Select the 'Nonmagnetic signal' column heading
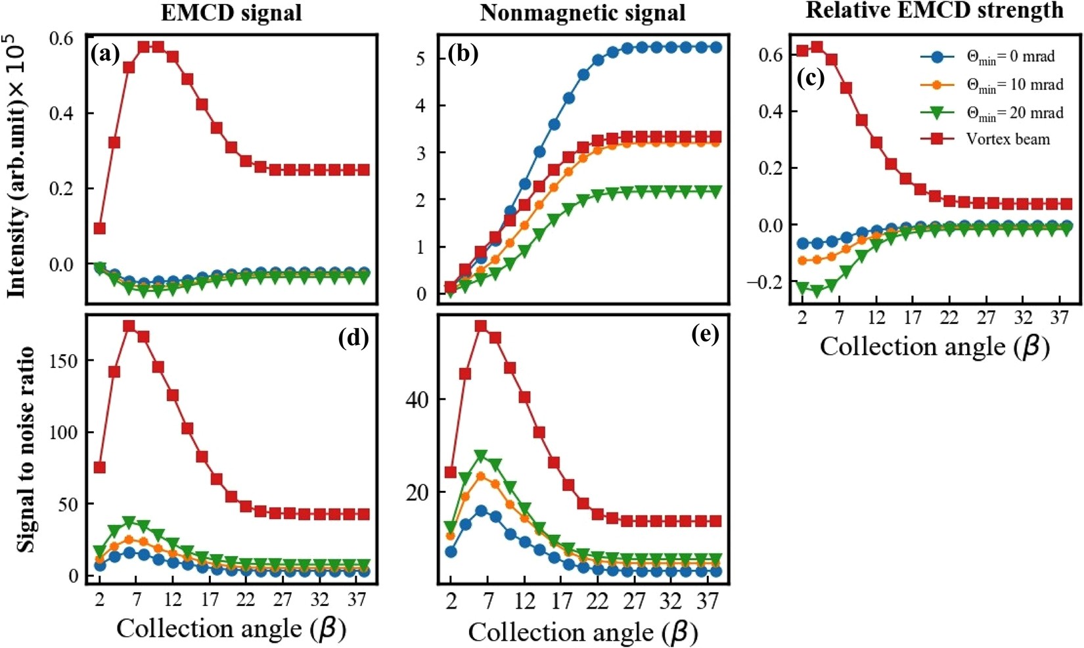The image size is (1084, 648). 583,13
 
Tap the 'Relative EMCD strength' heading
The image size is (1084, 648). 934,11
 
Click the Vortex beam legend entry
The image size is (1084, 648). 1008,139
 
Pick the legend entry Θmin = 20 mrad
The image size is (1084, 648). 1014,113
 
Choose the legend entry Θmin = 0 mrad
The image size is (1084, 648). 1010,57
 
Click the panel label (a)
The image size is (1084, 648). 106,52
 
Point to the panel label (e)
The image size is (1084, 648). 705,335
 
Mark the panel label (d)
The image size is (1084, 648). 353,337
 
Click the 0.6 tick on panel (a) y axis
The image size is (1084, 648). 62,38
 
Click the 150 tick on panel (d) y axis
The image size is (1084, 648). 63,361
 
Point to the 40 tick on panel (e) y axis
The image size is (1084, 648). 417,400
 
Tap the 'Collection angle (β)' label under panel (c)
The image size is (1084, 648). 934,347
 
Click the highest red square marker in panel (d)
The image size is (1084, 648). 129,326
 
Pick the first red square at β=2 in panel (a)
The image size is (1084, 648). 100,228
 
